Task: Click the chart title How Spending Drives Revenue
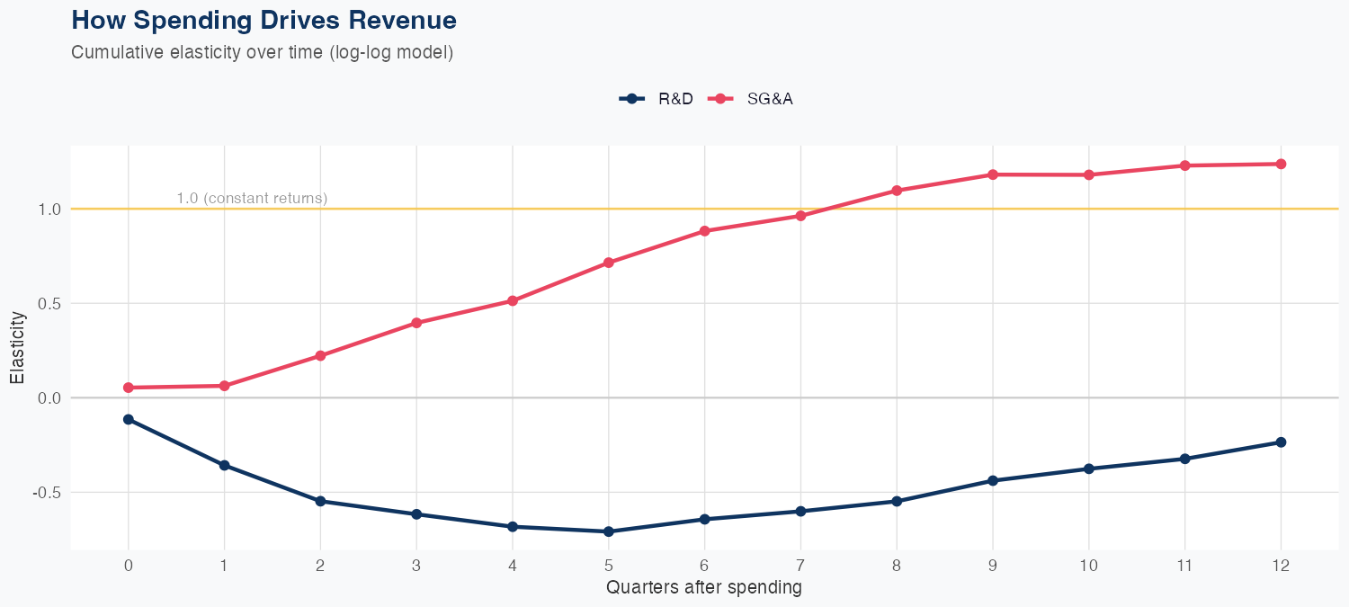point(264,20)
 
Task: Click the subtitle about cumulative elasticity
point(262,52)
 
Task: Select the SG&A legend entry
point(752,99)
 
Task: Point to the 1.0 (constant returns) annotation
point(252,198)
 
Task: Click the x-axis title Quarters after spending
point(704,588)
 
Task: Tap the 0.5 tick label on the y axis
point(49,303)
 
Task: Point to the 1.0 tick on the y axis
point(49,209)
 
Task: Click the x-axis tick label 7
point(800,566)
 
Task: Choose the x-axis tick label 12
point(1281,566)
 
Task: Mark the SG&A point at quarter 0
point(129,388)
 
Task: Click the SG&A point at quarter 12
point(1281,164)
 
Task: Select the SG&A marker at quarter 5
point(609,263)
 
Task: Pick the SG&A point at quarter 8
point(897,191)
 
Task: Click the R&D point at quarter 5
point(609,531)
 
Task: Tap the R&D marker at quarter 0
point(129,419)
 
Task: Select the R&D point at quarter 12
point(1281,442)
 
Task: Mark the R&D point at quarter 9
point(993,480)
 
